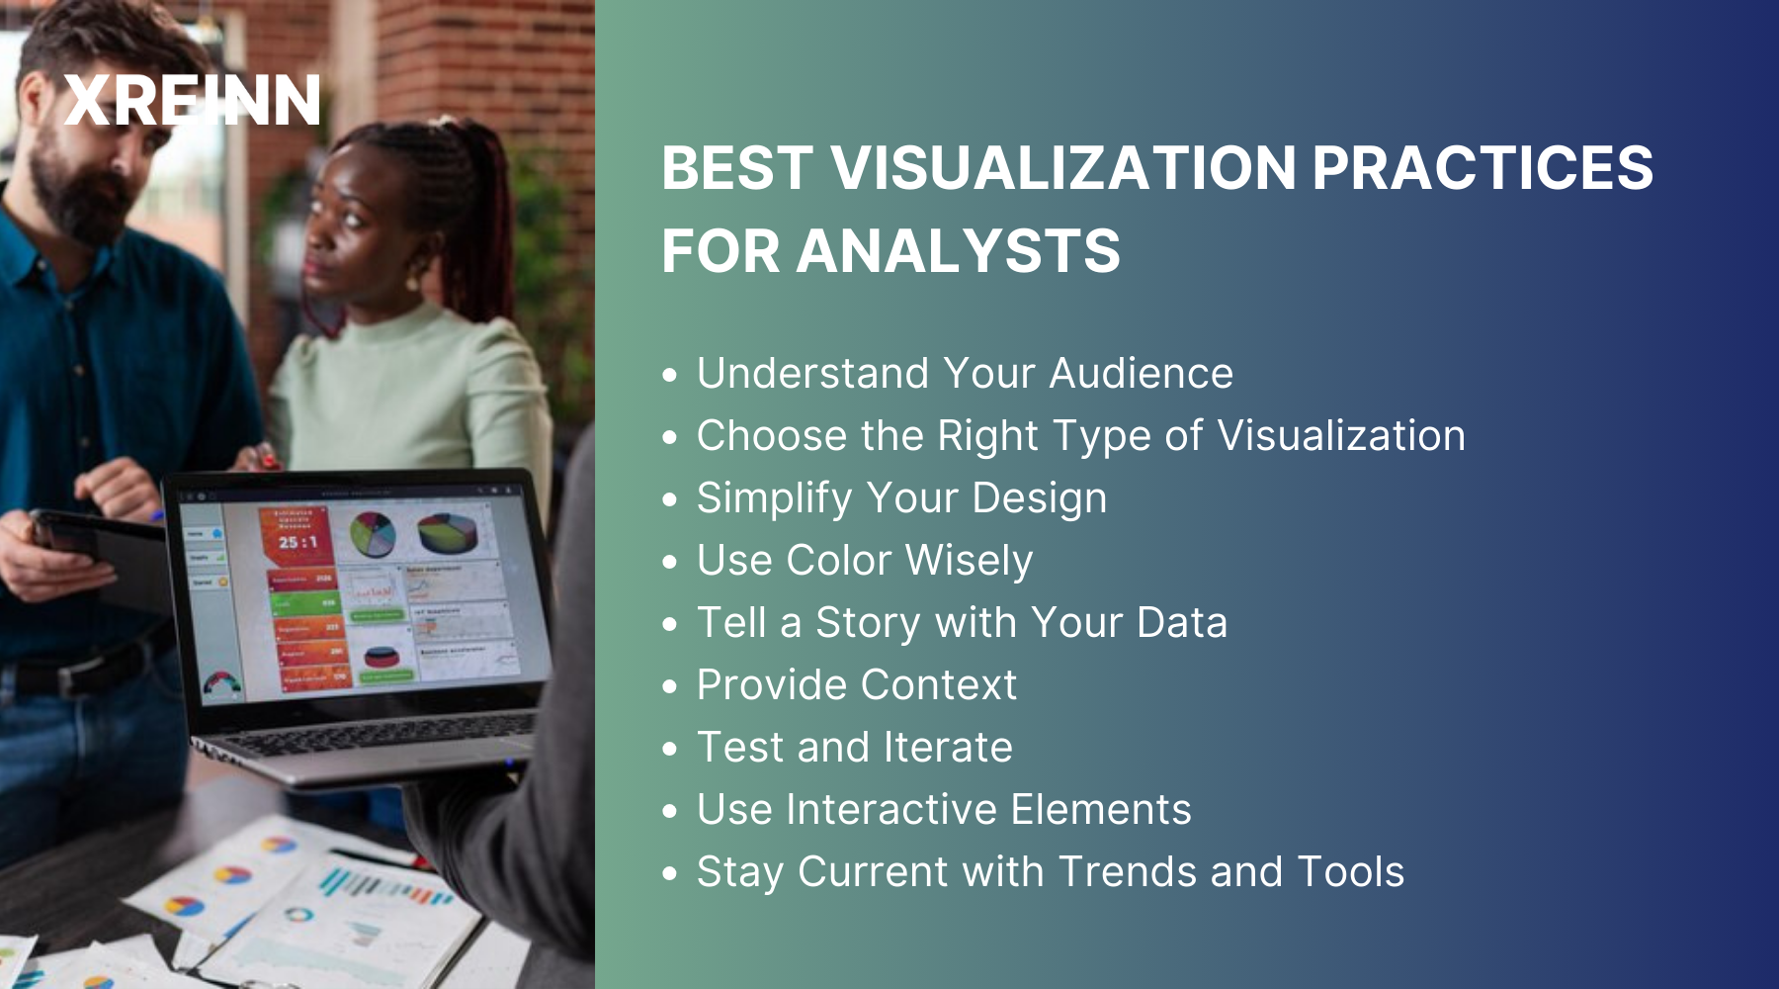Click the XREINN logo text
click(193, 101)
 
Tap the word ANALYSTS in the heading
click(958, 251)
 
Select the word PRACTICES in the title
click(1482, 168)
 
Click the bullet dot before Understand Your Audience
click(671, 376)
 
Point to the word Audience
click(1141, 374)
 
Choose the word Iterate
click(948, 748)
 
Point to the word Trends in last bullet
click(1127, 872)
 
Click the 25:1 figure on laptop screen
click(296, 542)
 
